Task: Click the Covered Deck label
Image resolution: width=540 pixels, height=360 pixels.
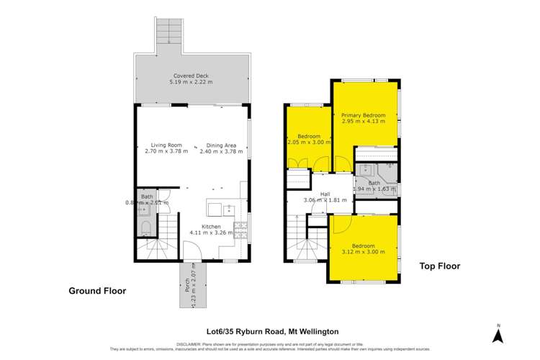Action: pyautogui.click(x=190, y=76)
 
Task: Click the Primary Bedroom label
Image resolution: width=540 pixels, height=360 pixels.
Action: pyautogui.click(x=363, y=115)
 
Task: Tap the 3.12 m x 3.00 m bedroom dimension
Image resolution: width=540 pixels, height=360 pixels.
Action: pyautogui.click(x=364, y=252)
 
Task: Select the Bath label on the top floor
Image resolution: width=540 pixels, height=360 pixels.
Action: pyautogui.click(x=374, y=183)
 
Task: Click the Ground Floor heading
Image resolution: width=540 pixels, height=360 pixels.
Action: pyautogui.click(x=97, y=291)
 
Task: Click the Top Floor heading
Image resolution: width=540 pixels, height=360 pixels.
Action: pyautogui.click(x=439, y=266)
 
